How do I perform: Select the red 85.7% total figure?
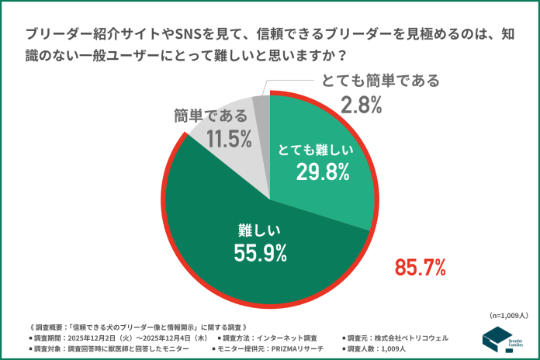pos(420,268)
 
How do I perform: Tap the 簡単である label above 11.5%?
pos(211,116)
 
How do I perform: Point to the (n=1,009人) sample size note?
pos(509,316)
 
